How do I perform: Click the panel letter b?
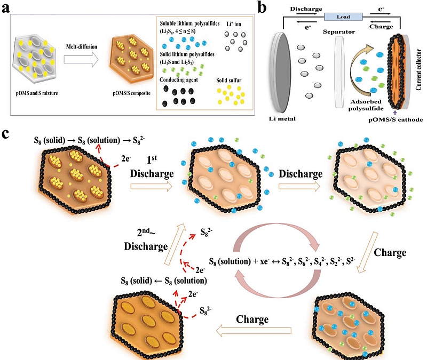click(262, 7)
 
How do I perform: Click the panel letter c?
click(5, 134)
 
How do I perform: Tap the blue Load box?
click(343, 17)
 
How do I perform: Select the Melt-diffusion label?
click(82, 46)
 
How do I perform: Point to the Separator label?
click(339, 32)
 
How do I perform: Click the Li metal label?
click(282, 118)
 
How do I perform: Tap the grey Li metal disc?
click(281, 72)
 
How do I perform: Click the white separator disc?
click(339, 72)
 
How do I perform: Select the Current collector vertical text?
click(418, 70)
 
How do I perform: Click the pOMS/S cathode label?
click(396, 119)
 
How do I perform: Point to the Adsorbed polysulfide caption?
click(366, 105)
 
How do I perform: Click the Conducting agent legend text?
click(179, 79)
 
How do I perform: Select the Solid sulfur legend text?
click(229, 81)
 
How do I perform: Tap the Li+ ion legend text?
click(234, 24)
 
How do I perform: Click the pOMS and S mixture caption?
click(37, 93)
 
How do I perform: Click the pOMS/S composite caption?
click(131, 93)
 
